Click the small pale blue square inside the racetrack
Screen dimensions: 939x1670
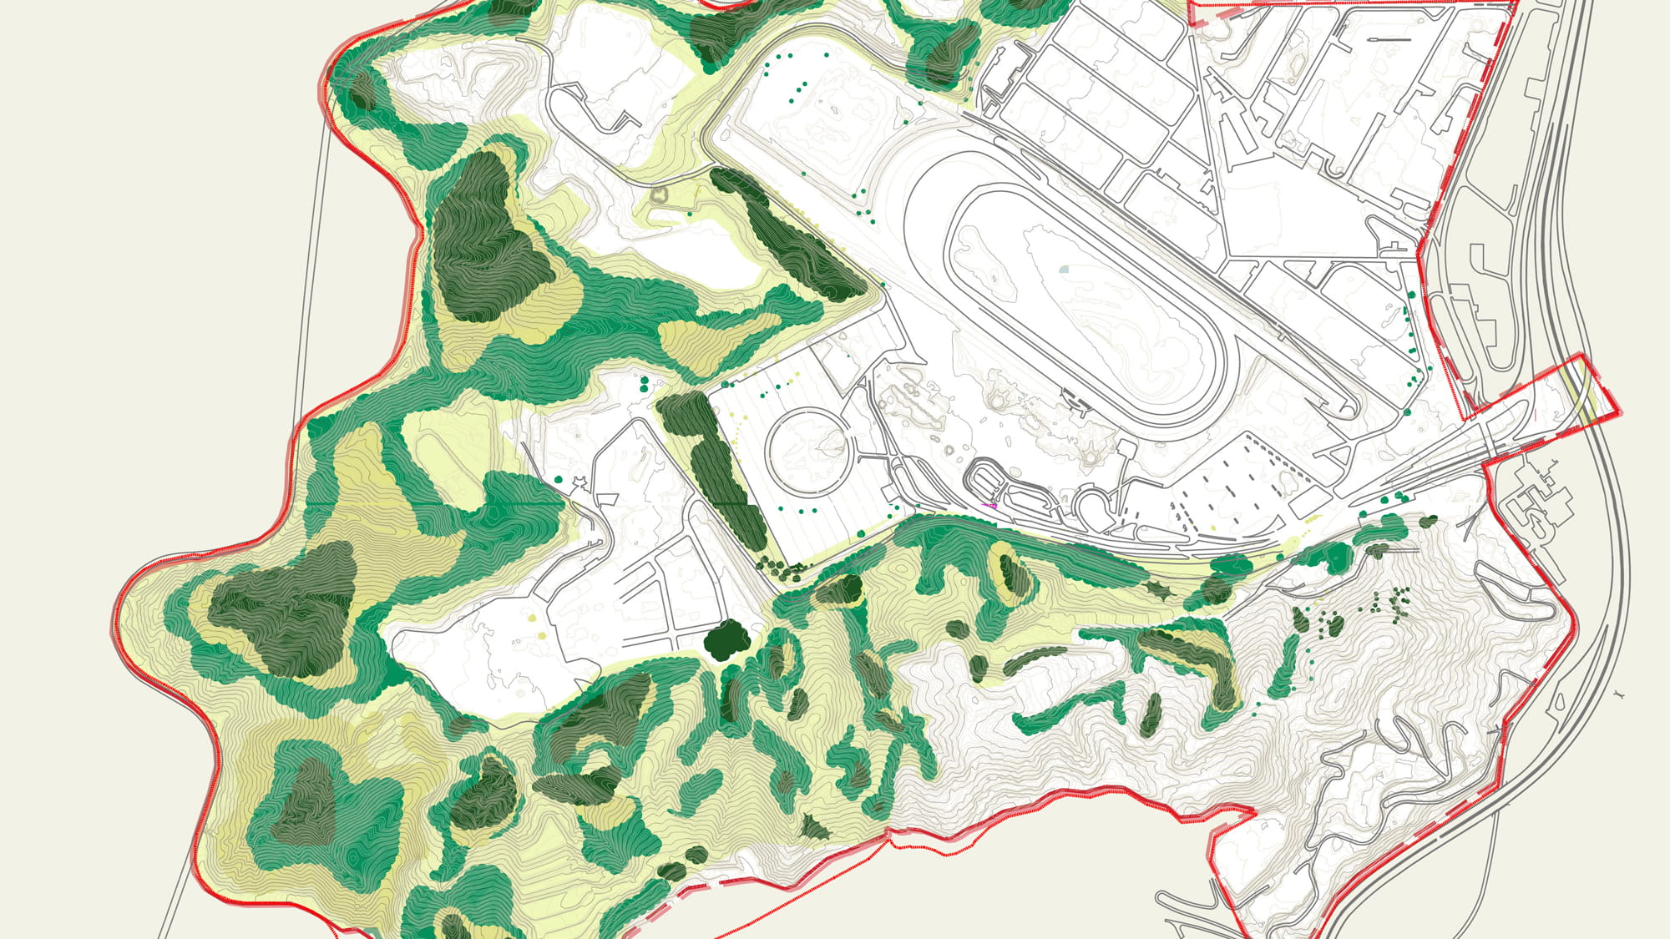tap(1064, 270)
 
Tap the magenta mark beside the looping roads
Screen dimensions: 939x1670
tap(991, 505)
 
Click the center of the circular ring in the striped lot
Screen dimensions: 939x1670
tap(808, 452)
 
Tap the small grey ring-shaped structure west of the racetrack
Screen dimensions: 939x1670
tap(660, 196)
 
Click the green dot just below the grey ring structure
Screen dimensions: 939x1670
tap(690, 215)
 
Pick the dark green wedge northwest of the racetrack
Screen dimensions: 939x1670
tap(793, 238)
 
